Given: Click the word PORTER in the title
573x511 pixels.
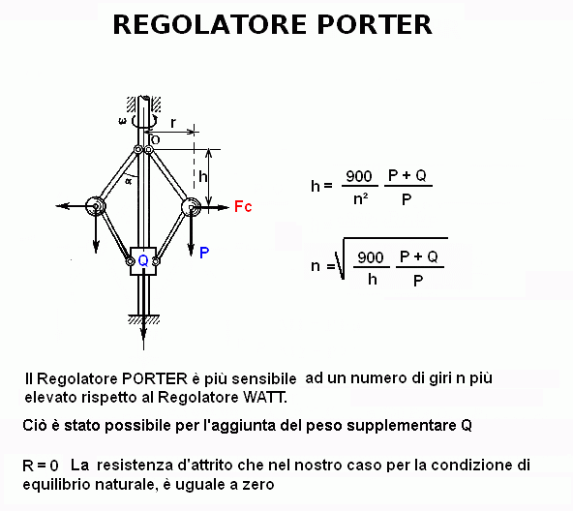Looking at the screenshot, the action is [375, 24].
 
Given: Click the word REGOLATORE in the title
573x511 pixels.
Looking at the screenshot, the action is [210, 24].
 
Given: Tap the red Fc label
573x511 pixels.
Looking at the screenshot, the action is [243, 206].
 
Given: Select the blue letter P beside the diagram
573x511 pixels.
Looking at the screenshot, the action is [204, 253].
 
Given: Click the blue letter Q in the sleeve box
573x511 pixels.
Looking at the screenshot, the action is [143, 260].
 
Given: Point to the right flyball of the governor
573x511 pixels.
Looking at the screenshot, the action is [191, 207].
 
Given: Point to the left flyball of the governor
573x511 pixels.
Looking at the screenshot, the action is [96, 206].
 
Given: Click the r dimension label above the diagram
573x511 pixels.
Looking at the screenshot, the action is [173, 123].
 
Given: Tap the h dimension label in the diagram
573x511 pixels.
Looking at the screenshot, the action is [203, 177].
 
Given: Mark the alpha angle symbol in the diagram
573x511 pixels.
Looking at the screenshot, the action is [128, 181].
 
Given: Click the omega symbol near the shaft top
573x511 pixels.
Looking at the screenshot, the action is [123, 121].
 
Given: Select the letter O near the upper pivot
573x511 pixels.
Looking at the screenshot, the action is [155, 140].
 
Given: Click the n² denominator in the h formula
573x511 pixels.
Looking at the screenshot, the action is [361, 199].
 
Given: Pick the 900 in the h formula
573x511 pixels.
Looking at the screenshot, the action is [359, 176].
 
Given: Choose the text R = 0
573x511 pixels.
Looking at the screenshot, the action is [41, 466].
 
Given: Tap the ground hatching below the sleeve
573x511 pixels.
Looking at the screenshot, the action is [143, 319].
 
